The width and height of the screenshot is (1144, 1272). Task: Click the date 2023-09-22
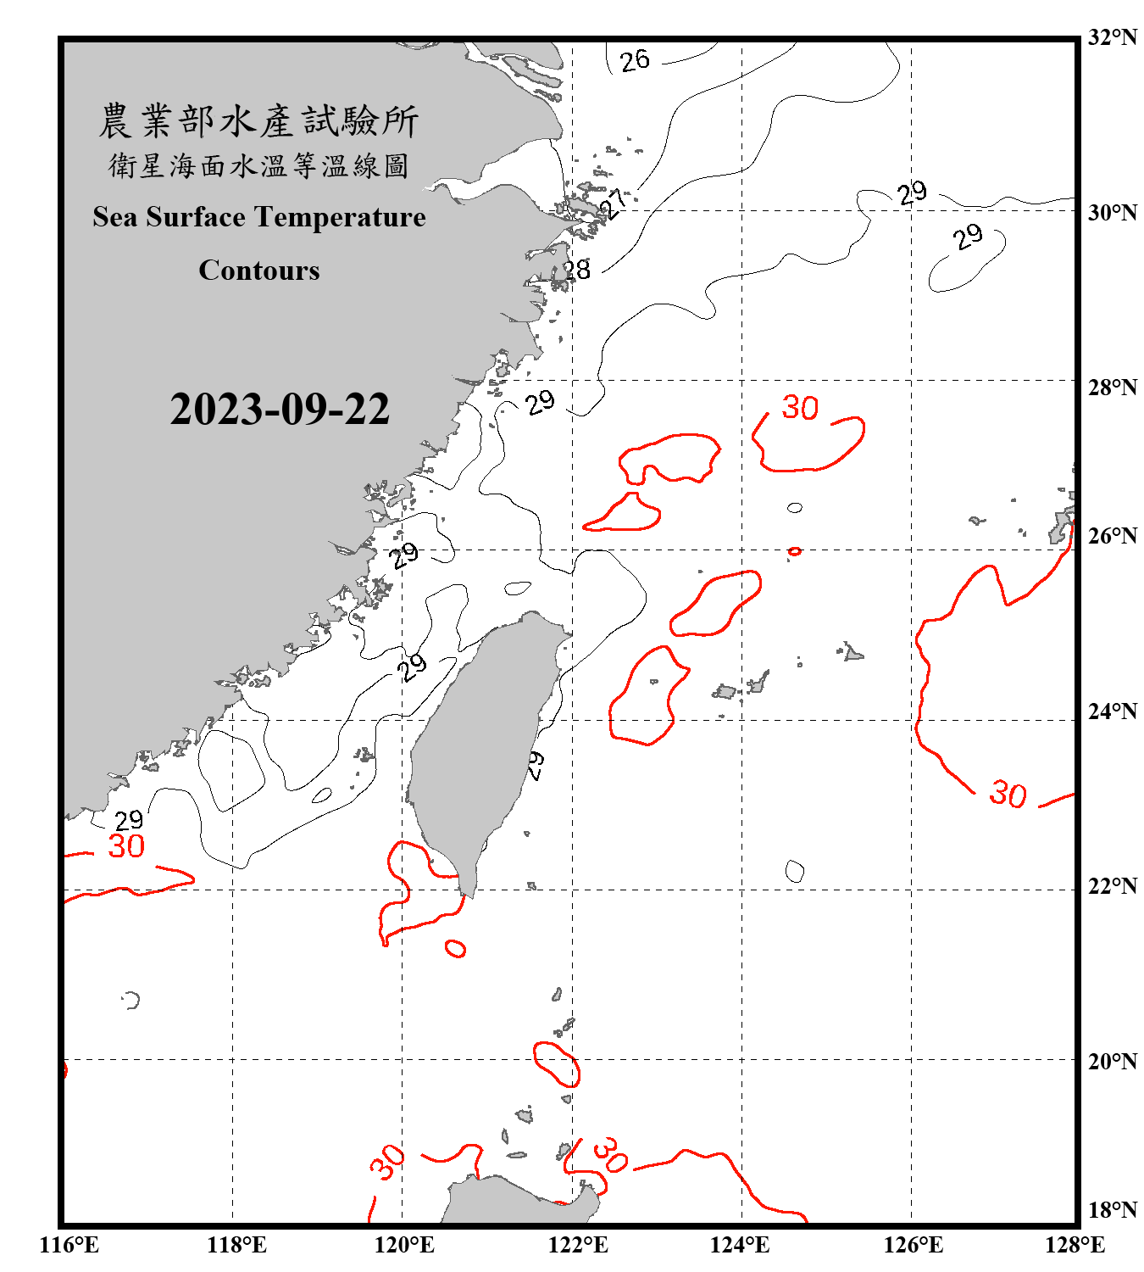click(280, 410)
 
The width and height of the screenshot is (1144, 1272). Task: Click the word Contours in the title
click(259, 271)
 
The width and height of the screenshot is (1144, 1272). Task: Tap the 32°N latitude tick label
click(1113, 37)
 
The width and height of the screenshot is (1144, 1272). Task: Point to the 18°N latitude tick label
click(1113, 1210)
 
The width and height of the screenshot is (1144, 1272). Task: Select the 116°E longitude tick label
click(69, 1245)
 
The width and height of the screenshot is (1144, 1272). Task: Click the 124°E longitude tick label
click(740, 1245)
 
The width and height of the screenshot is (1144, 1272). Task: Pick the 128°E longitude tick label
click(1075, 1245)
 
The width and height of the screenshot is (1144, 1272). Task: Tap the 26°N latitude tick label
click(1113, 536)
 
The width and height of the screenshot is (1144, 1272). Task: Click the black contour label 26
click(635, 61)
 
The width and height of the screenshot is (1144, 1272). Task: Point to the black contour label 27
click(614, 204)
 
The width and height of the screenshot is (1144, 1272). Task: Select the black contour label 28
click(577, 271)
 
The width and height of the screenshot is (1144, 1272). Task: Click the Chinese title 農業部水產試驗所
click(258, 121)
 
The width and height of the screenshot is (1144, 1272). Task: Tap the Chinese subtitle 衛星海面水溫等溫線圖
click(258, 166)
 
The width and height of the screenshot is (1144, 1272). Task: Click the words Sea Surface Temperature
click(259, 217)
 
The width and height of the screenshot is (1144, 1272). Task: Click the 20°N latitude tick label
click(1113, 1061)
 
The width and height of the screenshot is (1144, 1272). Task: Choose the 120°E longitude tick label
click(404, 1245)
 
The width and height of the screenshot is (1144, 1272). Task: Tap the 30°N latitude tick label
click(1113, 213)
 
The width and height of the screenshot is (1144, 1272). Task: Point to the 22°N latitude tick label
click(1113, 886)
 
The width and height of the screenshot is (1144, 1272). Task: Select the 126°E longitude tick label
click(913, 1245)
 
